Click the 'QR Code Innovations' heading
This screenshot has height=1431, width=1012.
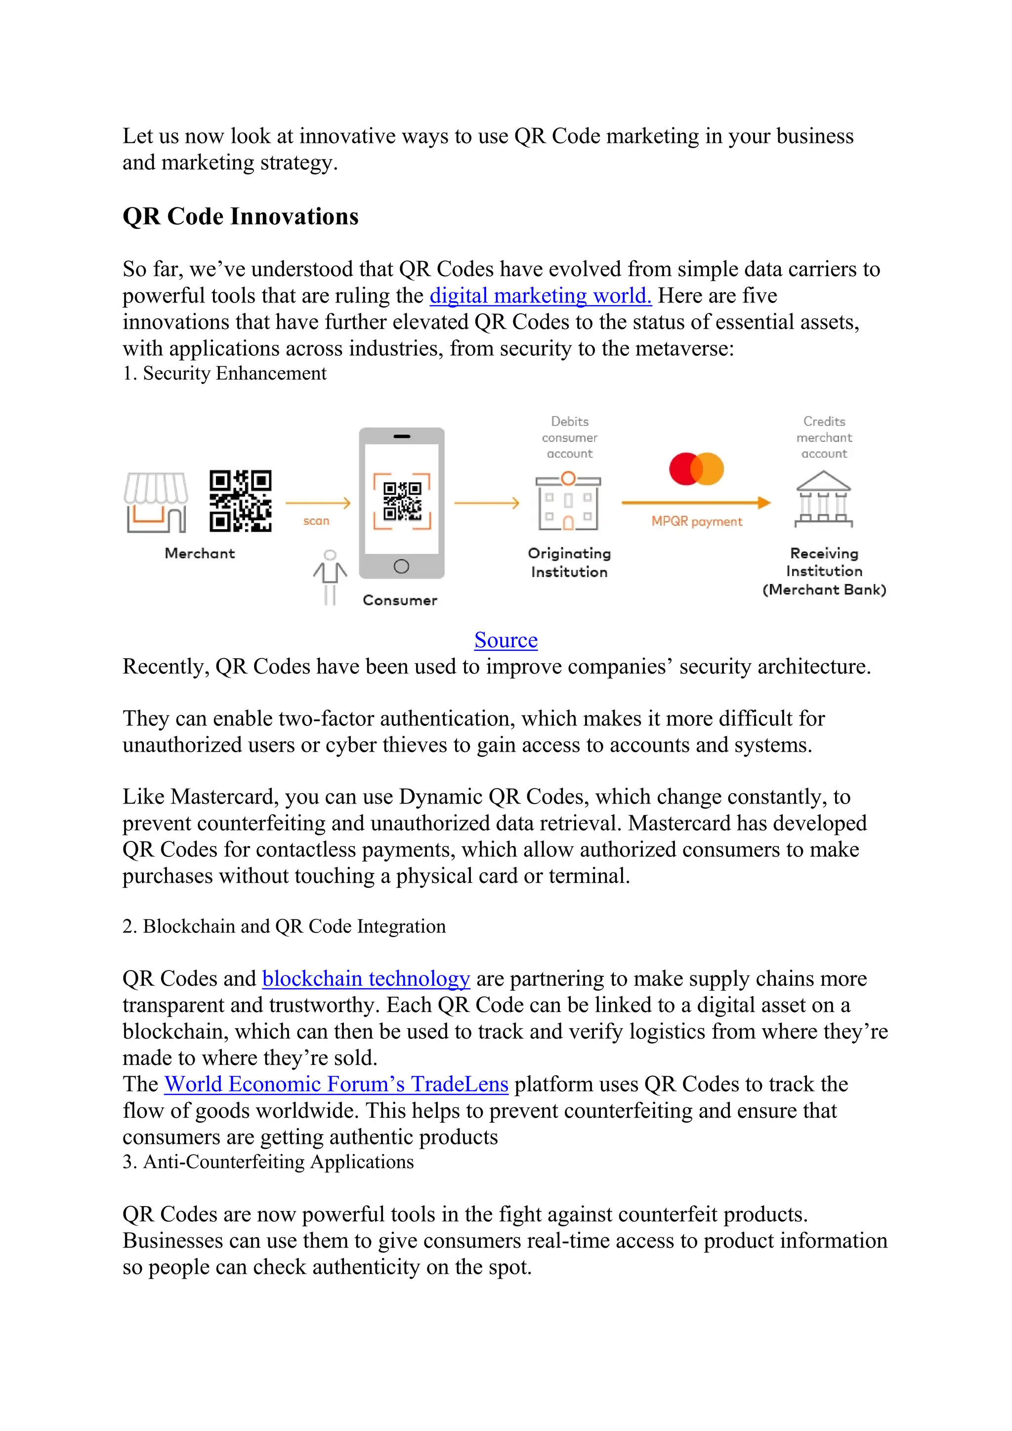241,216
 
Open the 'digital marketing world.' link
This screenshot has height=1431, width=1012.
540,295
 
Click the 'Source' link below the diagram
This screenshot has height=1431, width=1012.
506,640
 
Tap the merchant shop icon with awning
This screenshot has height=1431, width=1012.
155,503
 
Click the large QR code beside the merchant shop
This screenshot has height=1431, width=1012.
240,501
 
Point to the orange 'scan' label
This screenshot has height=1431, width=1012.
316,521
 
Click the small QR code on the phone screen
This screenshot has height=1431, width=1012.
402,501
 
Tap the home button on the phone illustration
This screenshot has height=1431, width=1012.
401,566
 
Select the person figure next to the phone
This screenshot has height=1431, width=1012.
330,577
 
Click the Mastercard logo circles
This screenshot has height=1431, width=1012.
696,469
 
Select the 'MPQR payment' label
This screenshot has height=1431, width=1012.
697,522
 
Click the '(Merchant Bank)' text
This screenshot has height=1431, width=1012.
824,589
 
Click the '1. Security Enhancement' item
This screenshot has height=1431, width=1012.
224,374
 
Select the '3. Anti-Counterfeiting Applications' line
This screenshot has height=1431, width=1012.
268,1162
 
